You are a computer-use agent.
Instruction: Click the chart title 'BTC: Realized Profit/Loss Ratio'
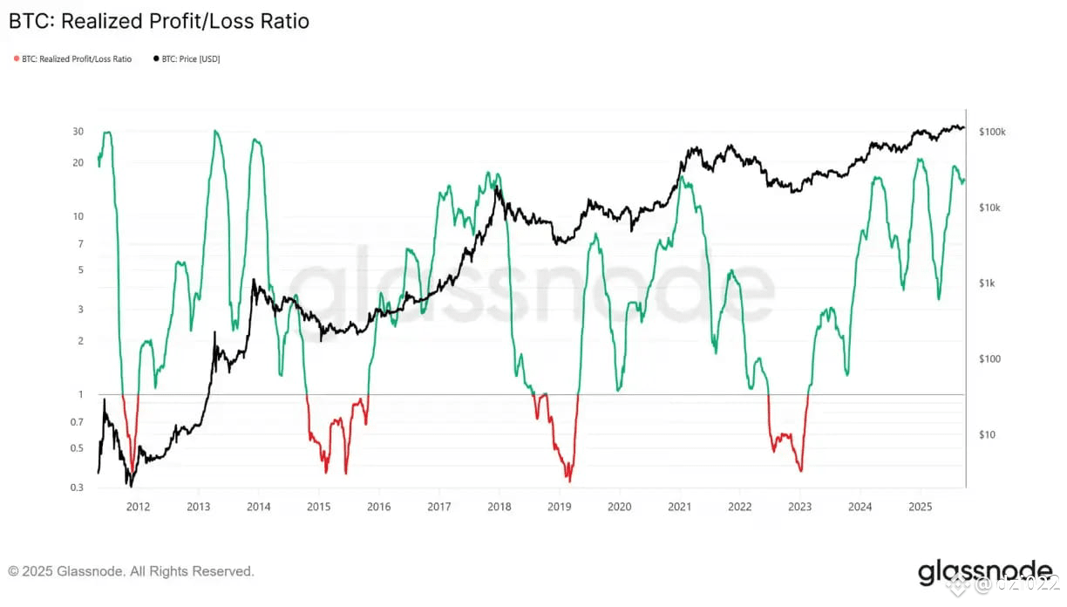pyautogui.click(x=159, y=21)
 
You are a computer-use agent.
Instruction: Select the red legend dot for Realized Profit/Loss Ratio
pyautogui.click(x=16, y=59)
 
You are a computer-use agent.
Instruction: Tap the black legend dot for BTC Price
pyautogui.click(x=156, y=59)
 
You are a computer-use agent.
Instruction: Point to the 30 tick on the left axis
pyautogui.click(x=78, y=132)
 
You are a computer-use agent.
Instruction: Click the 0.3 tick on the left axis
pyautogui.click(x=78, y=488)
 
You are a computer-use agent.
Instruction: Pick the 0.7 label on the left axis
pyautogui.click(x=78, y=422)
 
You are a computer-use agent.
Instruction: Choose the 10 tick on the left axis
pyautogui.click(x=78, y=216)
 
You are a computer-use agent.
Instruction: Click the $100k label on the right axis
pyautogui.click(x=992, y=133)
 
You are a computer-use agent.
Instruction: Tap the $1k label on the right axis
pyautogui.click(x=989, y=283)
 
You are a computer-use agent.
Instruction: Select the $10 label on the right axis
pyautogui.click(x=987, y=434)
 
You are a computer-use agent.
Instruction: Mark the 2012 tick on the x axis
pyautogui.click(x=138, y=507)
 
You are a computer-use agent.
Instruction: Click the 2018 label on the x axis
pyautogui.click(x=499, y=507)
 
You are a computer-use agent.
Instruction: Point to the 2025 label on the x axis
pyautogui.click(x=921, y=507)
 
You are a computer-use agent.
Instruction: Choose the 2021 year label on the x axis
pyautogui.click(x=680, y=507)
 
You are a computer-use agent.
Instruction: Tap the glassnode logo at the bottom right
pyautogui.click(x=984, y=573)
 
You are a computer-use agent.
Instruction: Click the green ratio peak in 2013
pyautogui.click(x=215, y=131)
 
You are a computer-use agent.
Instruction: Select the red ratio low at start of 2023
pyautogui.click(x=800, y=471)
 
